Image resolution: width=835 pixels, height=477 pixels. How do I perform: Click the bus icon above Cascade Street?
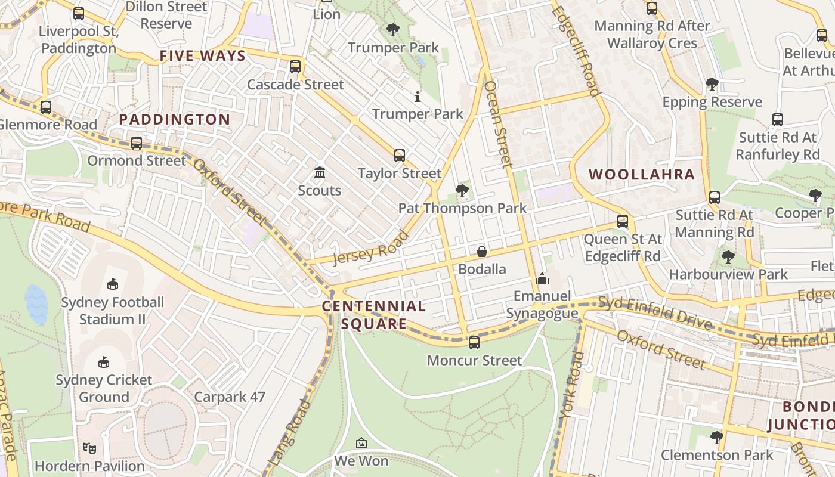(x=295, y=67)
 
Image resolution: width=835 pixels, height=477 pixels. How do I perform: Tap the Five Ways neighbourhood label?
(x=203, y=56)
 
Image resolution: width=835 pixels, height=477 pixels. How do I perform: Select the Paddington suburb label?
(x=174, y=119)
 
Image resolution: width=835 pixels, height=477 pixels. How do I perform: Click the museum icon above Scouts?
(x=320, y=173)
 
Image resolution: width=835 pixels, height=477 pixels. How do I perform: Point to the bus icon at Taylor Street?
(x=400, y=156)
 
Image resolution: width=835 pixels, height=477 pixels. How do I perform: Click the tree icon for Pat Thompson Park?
(x=462, y=191)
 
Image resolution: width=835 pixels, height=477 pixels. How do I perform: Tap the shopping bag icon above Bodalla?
(x=482, y=252)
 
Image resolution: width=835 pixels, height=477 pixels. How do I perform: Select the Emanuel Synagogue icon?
(x=542, y=278)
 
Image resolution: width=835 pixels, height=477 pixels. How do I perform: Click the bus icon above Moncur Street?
(x=474, y=343)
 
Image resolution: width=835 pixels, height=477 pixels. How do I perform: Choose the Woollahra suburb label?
(x=642, y=175)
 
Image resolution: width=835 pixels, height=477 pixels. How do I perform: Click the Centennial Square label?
(x=374, y=315)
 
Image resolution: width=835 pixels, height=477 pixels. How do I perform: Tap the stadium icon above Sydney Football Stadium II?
(x=113, y=284)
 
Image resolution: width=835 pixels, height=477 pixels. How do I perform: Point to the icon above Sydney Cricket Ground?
(x=104, y=362)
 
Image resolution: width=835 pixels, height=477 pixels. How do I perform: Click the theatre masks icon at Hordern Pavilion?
(x=89, y=448)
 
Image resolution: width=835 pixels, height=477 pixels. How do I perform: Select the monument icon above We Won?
(x=361, y=443)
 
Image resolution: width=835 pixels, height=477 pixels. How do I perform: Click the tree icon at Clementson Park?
(x=717, y=438)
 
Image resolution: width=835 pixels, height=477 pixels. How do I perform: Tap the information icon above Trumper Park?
(x=417, y=96)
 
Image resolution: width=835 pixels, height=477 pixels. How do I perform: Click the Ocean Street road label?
(x=498, y=123)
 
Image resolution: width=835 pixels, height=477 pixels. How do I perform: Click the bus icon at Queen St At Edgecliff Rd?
(x=623, y=221)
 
